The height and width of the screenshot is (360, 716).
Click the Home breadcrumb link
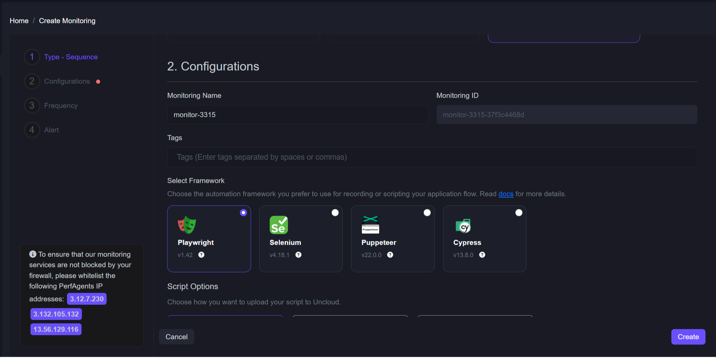click(19, 21)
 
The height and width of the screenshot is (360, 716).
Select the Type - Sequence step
click(71, 57)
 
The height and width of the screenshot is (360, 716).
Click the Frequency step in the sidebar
click(61, 106)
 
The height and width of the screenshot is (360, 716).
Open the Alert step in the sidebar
click(51, 130)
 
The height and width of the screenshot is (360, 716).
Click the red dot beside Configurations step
click(98, 81)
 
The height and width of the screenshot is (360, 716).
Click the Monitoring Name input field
click(298, 114)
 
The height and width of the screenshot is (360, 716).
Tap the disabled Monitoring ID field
click(567, 114)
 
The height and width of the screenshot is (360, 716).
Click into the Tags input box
click(432, 157)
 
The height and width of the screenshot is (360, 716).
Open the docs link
click(506, 194)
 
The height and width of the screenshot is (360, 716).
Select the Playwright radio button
click(243, 213)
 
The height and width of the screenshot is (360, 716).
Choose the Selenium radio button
click(335, 213)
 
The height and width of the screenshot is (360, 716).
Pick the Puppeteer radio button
click(427, 213)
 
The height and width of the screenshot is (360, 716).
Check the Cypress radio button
click(519, 213)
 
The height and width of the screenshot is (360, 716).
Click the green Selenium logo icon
click(279, 225)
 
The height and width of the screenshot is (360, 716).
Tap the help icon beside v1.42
click(201, 254)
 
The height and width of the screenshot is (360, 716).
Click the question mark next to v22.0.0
click(390, 254)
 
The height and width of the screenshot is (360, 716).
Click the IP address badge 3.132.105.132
click(56, 314)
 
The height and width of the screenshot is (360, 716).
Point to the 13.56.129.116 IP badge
click(56, 329)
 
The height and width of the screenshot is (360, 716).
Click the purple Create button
click(688, 337)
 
